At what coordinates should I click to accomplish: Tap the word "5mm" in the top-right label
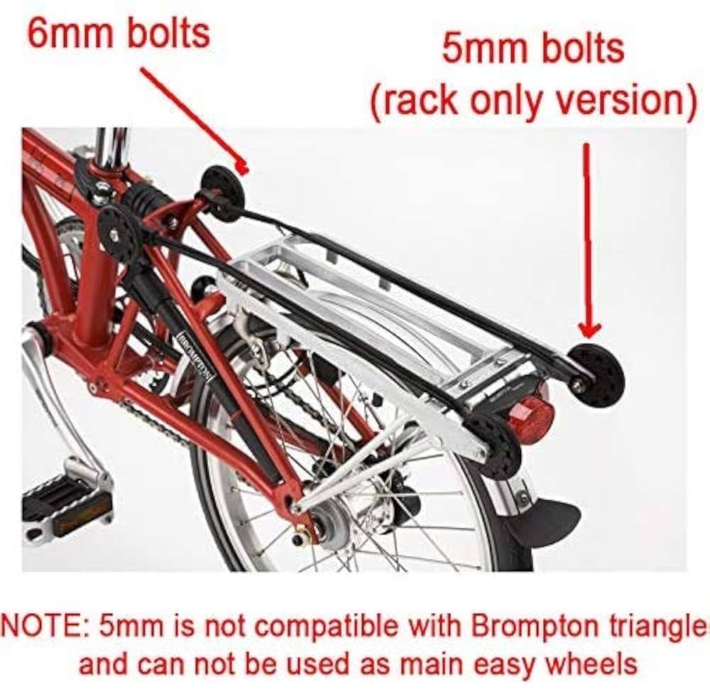pos(477,49)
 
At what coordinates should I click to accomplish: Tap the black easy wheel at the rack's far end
pos(597,375)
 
